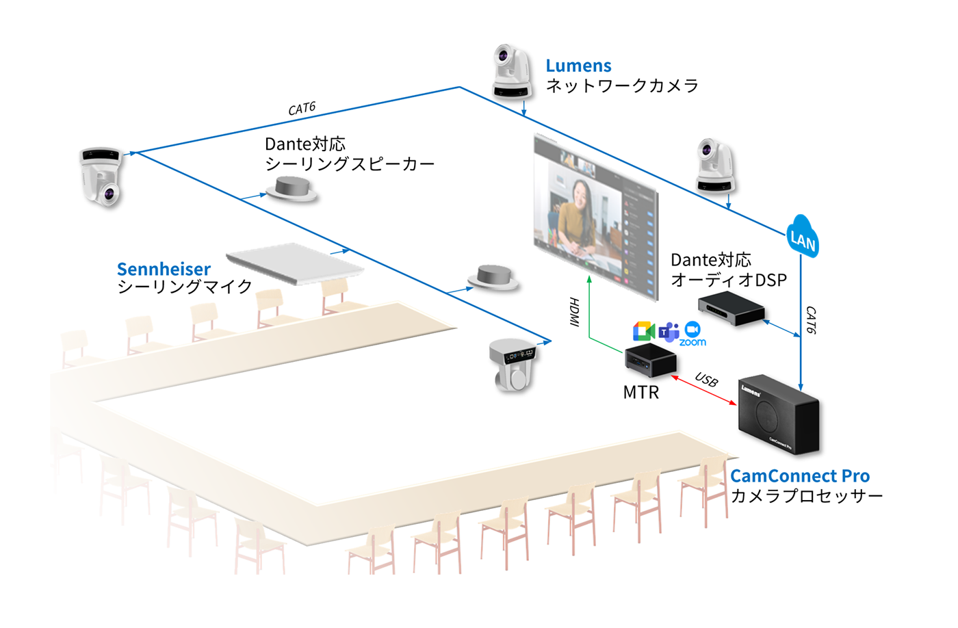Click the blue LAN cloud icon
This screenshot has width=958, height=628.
(x=803, y=237)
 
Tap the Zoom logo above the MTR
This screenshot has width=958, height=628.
(x=692, y=334)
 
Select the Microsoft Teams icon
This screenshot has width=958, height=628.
(x=669, y=332)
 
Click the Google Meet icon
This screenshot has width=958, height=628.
(x=644, y=331)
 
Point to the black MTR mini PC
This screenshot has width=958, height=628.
(x=651, y=361)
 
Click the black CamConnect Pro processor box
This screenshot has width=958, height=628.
(x=779, y=415)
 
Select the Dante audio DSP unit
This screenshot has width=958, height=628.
(x=731, y=308)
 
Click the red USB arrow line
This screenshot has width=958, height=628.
(x=703, y=390)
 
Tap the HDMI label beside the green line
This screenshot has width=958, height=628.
(x=574, y=312)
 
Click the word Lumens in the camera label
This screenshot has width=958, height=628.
(x=578, y=66)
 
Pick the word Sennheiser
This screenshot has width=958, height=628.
(x=164, y=269)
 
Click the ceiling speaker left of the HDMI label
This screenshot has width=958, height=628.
(x=493, y=277)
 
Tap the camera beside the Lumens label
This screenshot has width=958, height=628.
(x=513, y=72)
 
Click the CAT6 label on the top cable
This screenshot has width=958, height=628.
(x=302, y=109)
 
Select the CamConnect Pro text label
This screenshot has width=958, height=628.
(x=800, y=476)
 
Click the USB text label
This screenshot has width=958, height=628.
(x=706, y=380)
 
